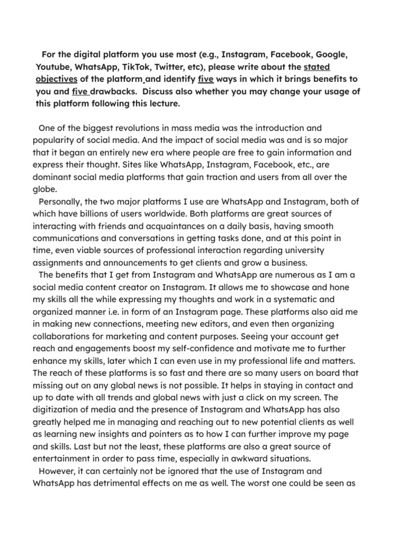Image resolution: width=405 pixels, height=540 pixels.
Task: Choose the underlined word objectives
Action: [56, 79]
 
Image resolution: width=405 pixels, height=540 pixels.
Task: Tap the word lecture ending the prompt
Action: [162, 104]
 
